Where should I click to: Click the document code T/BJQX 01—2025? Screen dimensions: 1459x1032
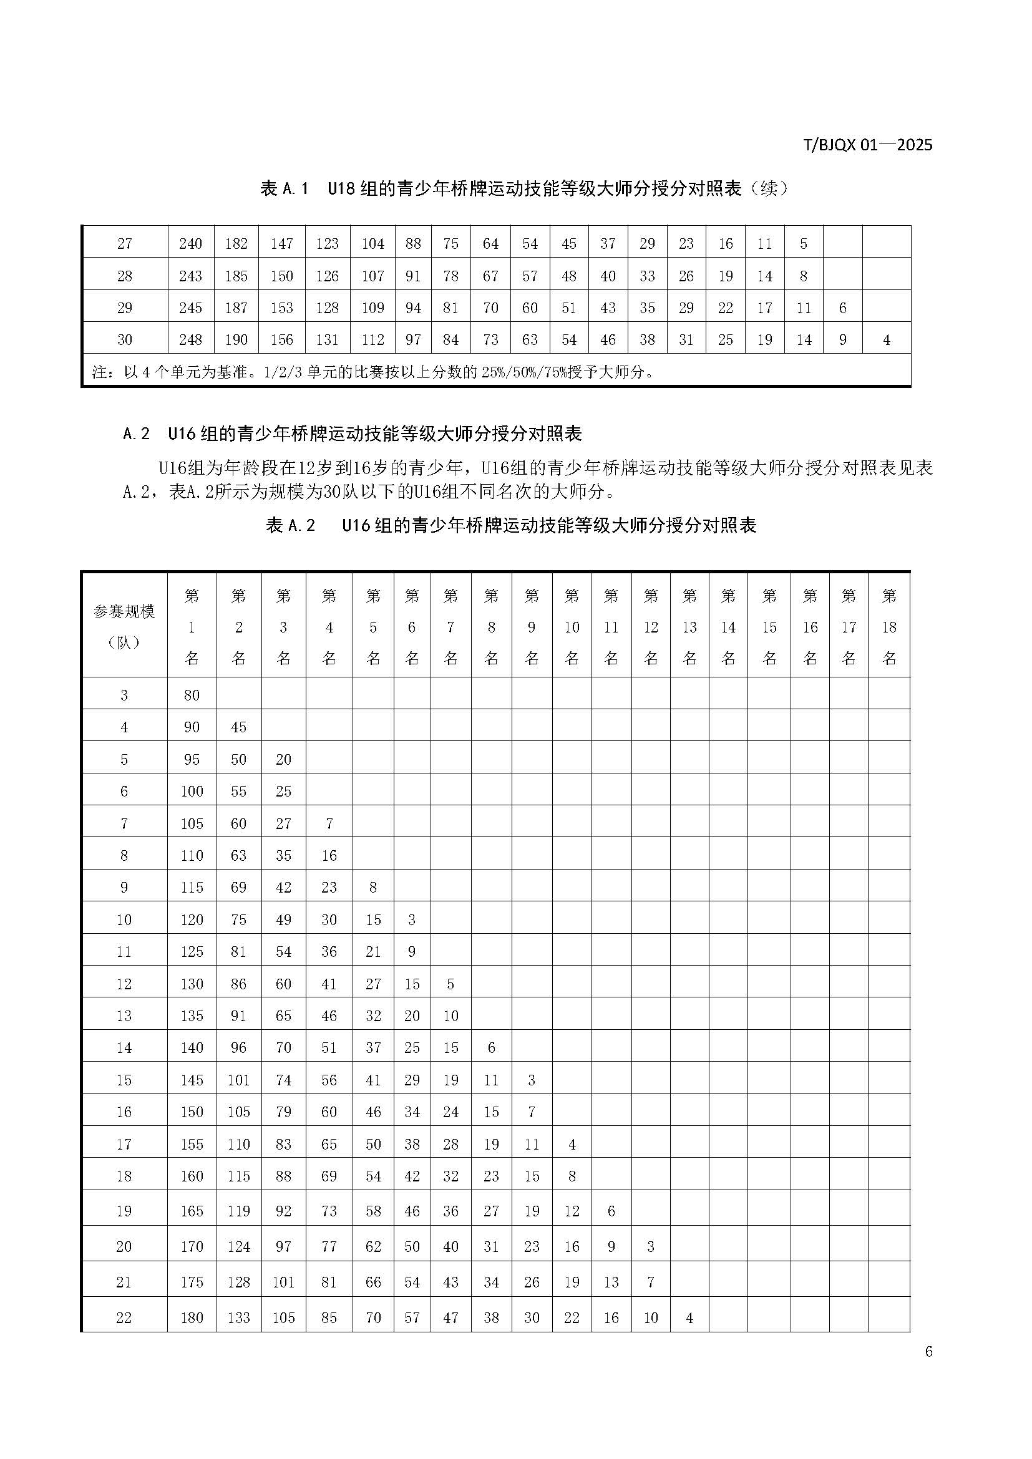click(867, 145)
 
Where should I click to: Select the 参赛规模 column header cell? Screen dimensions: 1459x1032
click(124, 626)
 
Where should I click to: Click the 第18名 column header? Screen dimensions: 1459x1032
click(888, 626)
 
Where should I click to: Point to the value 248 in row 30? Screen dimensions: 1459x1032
click(191, 340)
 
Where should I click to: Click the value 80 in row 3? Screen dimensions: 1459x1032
click(192, 695)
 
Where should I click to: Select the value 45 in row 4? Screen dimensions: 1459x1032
click(238, 727)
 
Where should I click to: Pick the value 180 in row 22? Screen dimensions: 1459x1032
click(192, 1317)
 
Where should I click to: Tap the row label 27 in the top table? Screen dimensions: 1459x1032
click(125, 244)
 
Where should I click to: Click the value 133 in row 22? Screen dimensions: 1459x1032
click(238, 1317)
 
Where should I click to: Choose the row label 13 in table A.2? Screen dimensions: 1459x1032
click(124, 1015)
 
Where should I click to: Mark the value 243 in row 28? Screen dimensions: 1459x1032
click(191, 276)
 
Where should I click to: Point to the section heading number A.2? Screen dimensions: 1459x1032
click(136, 434)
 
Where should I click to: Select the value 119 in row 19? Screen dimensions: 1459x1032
click(238, 1211)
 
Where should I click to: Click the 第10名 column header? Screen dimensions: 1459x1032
click(572, 626)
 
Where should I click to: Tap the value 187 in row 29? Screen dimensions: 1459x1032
click(236, 308)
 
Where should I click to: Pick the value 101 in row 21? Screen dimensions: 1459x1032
click(283, 1282)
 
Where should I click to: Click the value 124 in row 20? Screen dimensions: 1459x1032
click(238, 1246)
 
